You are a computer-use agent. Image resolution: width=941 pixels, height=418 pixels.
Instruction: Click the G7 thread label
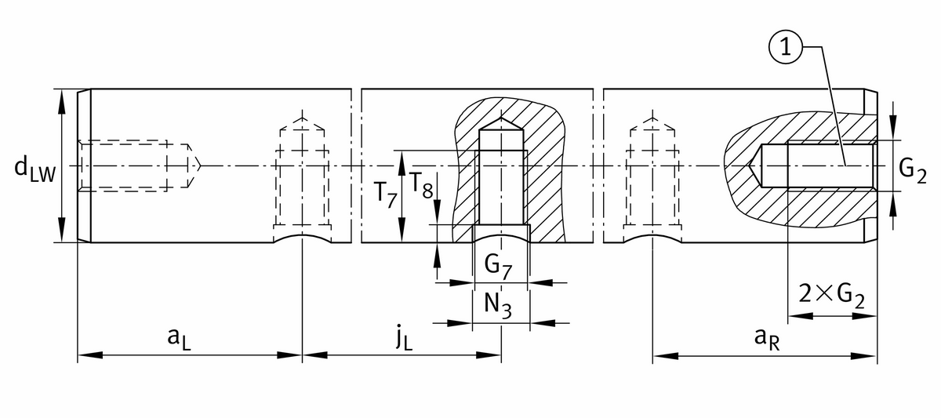498,265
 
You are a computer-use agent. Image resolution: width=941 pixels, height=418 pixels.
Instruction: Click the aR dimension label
764,337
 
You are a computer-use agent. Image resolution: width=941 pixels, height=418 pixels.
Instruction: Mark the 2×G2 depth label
830,294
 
